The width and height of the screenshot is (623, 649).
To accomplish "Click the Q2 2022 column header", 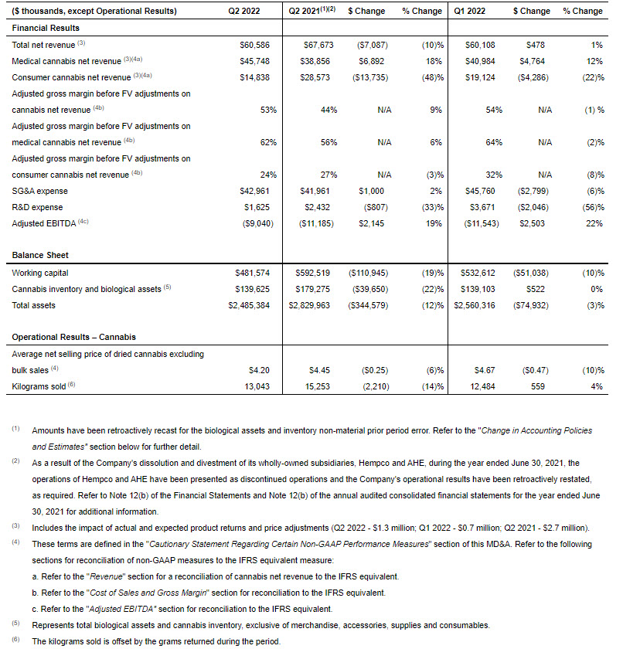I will point(243,11).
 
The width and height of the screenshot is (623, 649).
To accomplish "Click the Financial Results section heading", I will point(46,28).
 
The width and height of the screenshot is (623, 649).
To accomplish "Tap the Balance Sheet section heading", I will point(40,255).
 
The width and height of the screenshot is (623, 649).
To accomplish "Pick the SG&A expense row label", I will point(40,191).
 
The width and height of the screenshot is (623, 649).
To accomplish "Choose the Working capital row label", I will point(40,273).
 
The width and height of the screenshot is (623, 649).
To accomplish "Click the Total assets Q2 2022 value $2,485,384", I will point(249,305).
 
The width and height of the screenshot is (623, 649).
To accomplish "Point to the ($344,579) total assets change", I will point(367,305).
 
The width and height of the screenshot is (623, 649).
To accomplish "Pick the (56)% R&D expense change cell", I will point(591,207).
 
